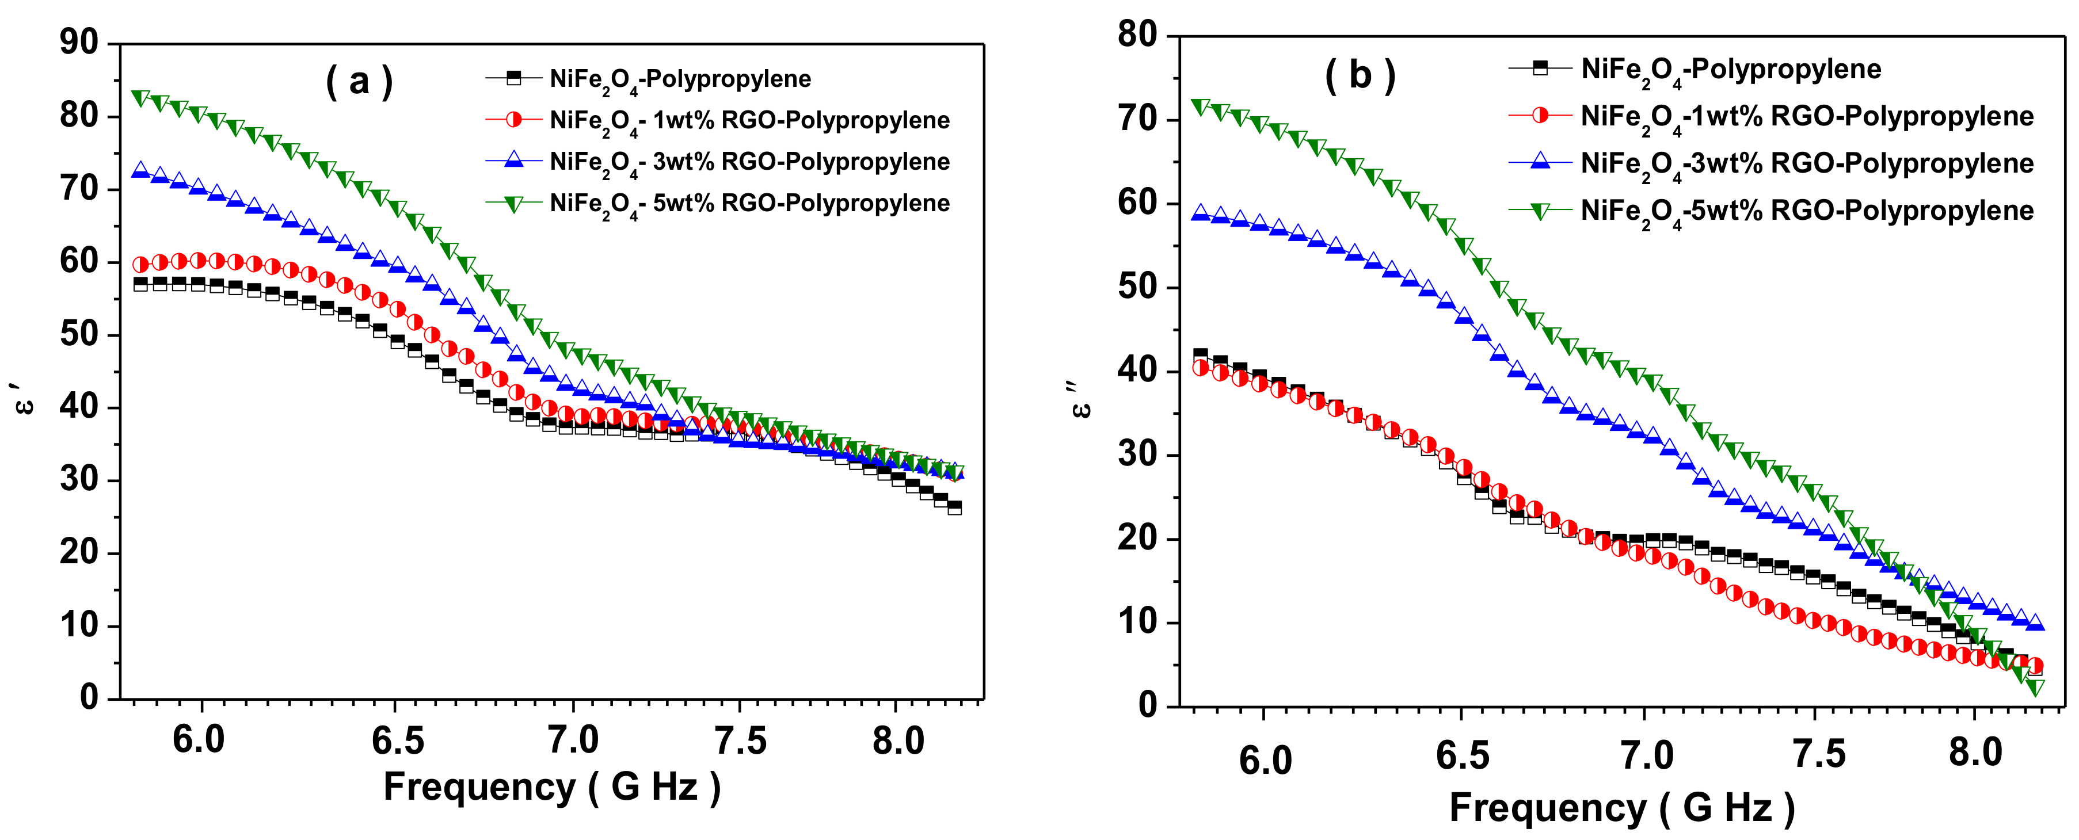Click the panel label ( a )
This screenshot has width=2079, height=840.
point(359,82)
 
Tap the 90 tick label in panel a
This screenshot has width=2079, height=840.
point(78,42)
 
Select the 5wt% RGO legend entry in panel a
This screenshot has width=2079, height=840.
point(749,203)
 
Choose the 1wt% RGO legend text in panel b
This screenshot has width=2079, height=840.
point(1806,117)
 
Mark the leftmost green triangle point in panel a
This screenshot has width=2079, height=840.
point(140,98)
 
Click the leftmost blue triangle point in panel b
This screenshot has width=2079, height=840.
point(1201,213)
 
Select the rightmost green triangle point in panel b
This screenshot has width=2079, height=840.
point(2035,687)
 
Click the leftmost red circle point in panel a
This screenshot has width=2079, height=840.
point(140,265)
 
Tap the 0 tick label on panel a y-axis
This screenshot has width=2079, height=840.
point(89,697)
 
